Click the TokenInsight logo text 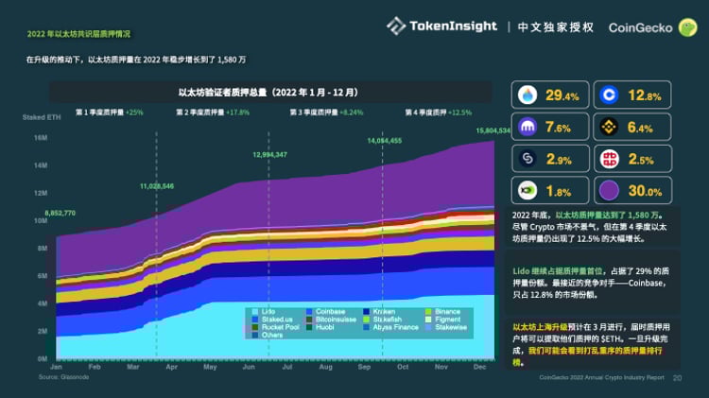pyautogui.click(x=452, y=26)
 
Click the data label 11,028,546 pyautogui.click(x=156, y=186)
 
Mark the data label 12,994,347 pyautogui.click(x=269, y=154)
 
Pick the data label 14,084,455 pyautogui.click(x=384, y=140)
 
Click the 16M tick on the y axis pyautogui.click(x=41, y=138)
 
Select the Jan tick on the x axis pyautogui.click(x=56, y=367)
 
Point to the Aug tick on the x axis pyautogui.click(x=325, y=367)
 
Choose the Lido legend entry pyautogui.click(x=268, y=312)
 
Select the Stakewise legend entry pyautogui.click(x=449, y=327)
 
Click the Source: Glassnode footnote pyautogui.click(x=61, y=375)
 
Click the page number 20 pyautogui.click(x=677, y=376)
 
